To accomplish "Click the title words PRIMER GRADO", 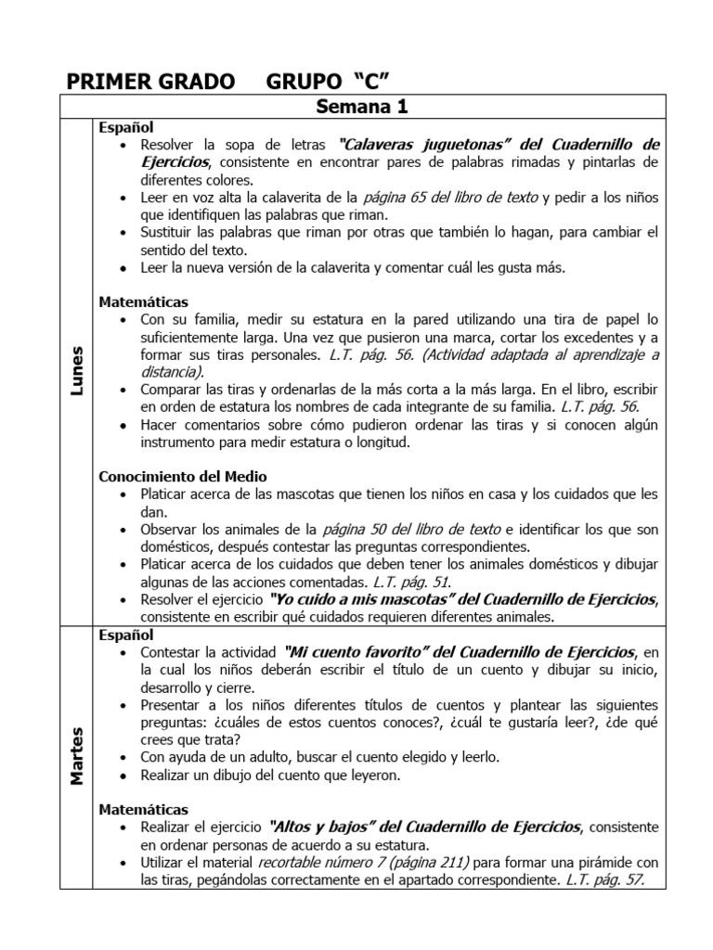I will tap(150, 83).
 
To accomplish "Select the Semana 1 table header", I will tap(362, 108).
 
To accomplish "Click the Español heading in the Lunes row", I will tap(126, 127).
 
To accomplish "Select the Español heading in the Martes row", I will tap(126, 635).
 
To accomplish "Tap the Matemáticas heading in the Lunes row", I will tap(143, 302).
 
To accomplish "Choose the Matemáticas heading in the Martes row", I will tap(143, 809).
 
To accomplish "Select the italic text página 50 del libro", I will tap(411, 529).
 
